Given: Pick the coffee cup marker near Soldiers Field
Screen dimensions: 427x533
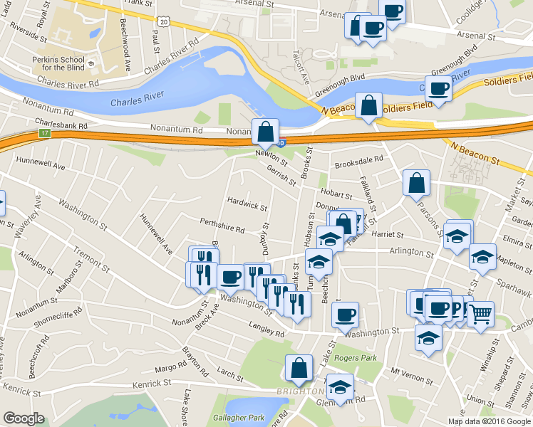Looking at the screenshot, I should [x=439, y=89].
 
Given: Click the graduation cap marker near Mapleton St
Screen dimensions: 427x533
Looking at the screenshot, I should [x=482, y=256].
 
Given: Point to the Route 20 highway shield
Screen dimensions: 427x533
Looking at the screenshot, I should [x=164, y=22].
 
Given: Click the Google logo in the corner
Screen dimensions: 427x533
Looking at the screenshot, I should [x=23, y=418].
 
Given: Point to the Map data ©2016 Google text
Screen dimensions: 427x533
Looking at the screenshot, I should [x=489, y=421].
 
